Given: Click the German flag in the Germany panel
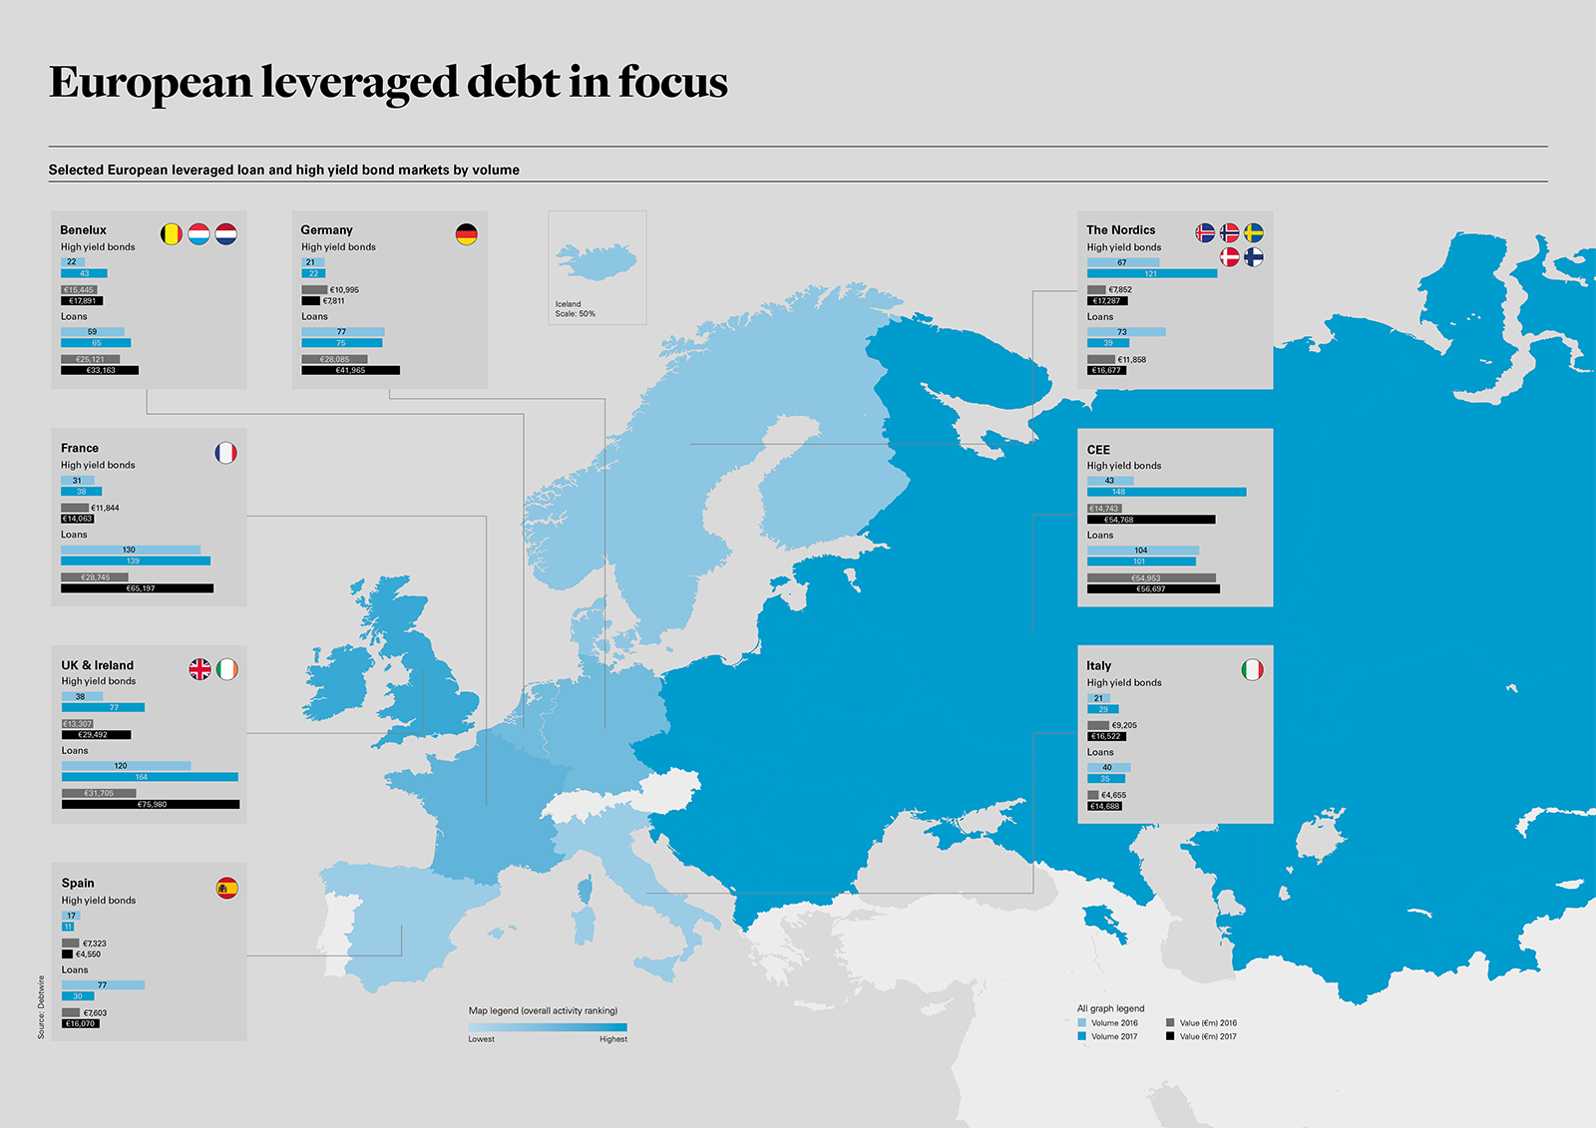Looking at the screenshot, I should tap(466, 234).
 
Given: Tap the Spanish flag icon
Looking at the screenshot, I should tap(227, 888).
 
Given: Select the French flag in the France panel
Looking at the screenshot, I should tap(226, 453).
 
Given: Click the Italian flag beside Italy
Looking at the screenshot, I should tap(1252, 670).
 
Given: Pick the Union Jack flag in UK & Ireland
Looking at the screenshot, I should tap(200, 669).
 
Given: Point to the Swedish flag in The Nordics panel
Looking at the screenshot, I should tap(1254, 233).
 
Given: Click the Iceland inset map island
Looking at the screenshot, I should tap(597, 262).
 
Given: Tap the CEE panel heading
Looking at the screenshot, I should tap(1098, 450).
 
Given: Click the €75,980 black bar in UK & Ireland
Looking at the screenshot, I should tap(151, 804).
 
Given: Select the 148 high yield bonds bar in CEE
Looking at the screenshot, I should tap(1166, 492).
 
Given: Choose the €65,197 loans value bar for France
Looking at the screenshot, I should tap(137, 588).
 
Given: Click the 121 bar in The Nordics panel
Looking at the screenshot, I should tap(1151, 273).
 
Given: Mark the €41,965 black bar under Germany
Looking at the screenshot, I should tap(350, 370).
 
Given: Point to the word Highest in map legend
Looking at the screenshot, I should tap(613, 1039).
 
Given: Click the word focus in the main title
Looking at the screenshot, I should tap(673, 82).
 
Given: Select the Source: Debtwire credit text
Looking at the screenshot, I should tap(41, 1007).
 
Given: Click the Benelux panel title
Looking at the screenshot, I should tap(83, 230).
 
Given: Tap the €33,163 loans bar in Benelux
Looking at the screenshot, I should tap(100, 370).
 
